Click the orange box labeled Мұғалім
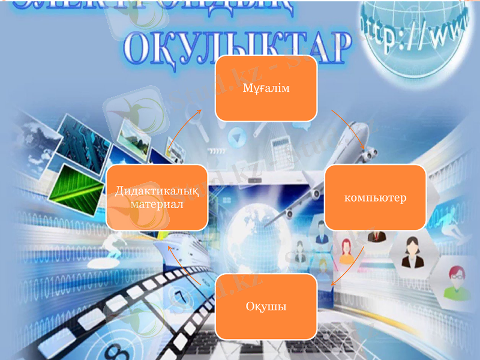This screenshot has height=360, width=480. click(266, 89)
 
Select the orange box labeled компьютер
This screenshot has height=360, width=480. click(376, 197)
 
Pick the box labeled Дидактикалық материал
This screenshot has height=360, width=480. click(157, 197)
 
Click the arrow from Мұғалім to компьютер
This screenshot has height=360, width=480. click(349, 130)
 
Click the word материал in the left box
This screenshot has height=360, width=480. click(157, 204)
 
